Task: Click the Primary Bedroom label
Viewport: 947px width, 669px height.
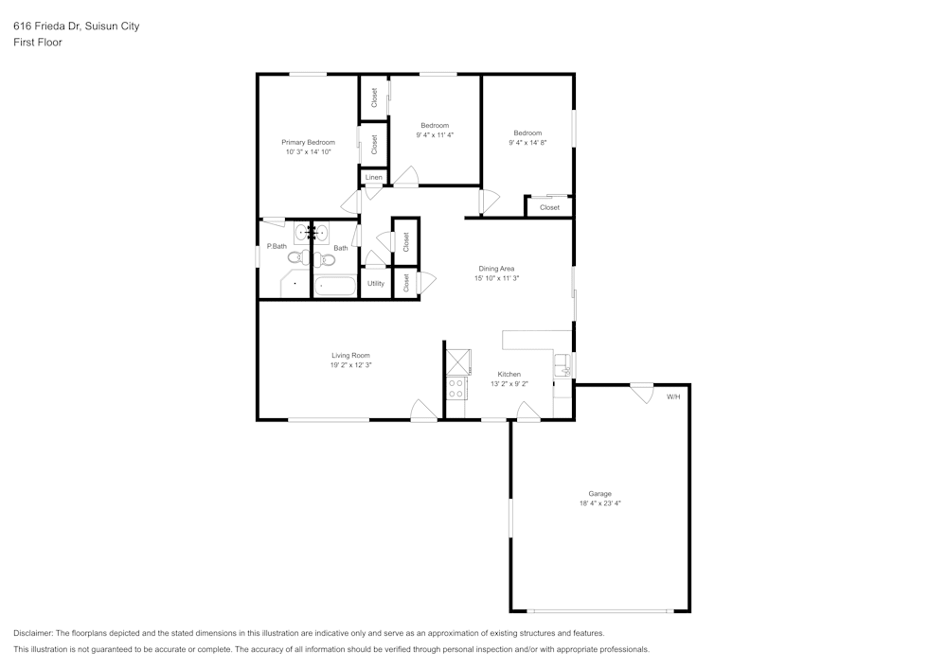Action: click(308, 142)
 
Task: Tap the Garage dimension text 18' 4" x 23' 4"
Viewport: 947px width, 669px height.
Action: click(599, 503)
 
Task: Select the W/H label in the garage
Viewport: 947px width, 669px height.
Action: click(673, 396)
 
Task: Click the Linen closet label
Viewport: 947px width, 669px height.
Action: click(374, 177)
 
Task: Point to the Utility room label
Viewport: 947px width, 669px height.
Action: click(376, 283)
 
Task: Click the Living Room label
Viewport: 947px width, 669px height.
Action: click(350, 355)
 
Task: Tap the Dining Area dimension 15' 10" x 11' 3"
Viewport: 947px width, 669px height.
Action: click(496, 278)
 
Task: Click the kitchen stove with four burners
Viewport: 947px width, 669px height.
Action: click(456, 388)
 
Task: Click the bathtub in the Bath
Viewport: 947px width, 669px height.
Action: click(335, 285)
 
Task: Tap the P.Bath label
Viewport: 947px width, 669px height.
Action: click(277, 246)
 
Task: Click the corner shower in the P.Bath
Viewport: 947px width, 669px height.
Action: click(295, 284)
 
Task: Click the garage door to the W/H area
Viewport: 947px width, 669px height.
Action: click(642, 392)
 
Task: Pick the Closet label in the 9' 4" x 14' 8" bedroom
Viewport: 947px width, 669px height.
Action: click(549, 207)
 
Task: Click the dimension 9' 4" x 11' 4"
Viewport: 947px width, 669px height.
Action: click(435, 135)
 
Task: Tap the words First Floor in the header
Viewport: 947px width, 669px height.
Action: click(38, 43)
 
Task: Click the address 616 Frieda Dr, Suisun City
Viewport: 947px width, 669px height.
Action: click(76, 26)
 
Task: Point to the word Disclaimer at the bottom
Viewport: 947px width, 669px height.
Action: click(33, 633)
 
